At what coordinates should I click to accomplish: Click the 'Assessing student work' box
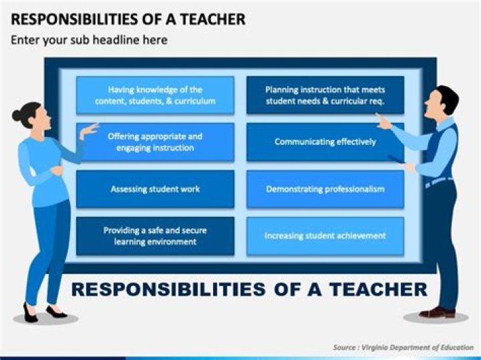[155, 189]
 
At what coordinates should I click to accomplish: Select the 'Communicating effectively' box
[325, 142]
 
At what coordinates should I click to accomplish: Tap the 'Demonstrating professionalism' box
[325, 189]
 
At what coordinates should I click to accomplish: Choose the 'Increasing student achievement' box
[325, 236]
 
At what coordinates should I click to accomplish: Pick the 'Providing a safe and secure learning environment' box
[155, 236]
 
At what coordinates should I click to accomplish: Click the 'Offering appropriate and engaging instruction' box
[155, 142]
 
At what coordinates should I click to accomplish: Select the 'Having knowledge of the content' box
[155, 96]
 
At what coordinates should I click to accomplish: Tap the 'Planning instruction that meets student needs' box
[325, 96]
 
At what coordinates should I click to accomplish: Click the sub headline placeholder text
[89, 40]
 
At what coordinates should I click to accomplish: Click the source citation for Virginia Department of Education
[404, 347]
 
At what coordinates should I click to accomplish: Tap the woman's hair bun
[17, 116]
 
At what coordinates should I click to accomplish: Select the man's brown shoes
[438, 313]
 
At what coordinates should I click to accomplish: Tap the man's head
[443, 102]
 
